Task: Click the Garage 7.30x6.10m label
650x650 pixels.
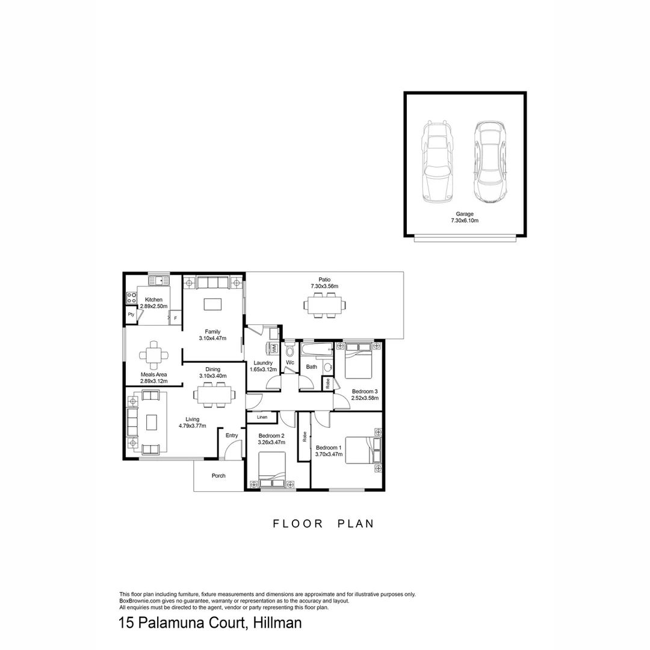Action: click(x=465, y=217)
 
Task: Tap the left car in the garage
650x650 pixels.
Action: click(x=436, y=162)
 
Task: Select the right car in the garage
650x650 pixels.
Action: click(x=491, y=162)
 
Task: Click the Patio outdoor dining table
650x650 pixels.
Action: click(x=324, y=306)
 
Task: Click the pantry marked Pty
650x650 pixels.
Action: click(x=131, y=315)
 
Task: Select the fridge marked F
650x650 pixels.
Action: click(x=175, y=318)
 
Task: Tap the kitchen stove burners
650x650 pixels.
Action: click(x=131, y=297)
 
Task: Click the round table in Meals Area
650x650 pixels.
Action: click(x=154, y=355)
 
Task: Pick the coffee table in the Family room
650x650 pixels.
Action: click(x=212, y=305)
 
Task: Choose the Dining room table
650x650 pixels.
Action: click(x=215, y=394)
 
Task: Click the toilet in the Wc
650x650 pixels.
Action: click(x=289, y=349)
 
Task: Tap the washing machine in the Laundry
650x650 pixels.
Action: click(x=273, y=348)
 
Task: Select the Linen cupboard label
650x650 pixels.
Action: click(x=262, y=417)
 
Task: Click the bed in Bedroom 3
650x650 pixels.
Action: click(x=359, y=360)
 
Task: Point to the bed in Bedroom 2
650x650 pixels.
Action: click(x=272, y=470)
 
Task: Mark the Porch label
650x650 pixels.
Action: click(x=218, y=476)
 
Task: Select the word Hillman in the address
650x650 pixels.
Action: click(x=277, y=623)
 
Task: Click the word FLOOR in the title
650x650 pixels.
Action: click(x=298, y=524)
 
